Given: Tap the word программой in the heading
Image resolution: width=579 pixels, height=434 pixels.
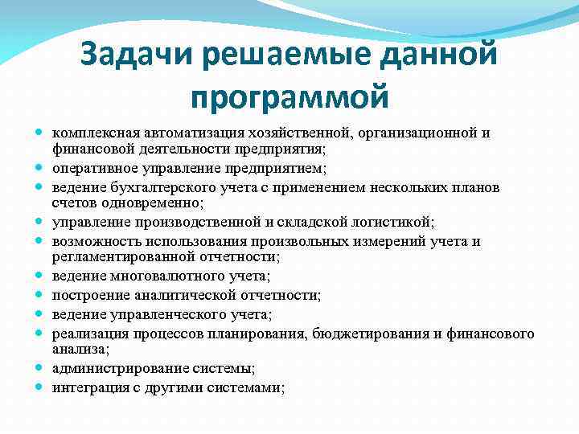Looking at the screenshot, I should click(289, 96).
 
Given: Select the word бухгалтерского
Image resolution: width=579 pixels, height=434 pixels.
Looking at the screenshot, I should click(153, 186).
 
